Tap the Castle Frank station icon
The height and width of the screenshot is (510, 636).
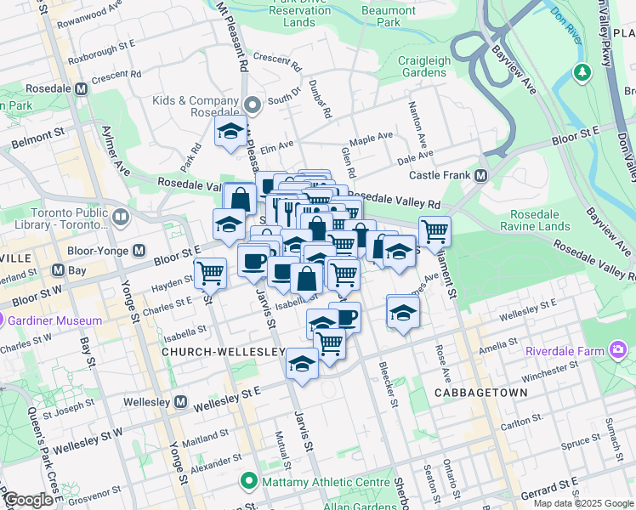pos(480,176)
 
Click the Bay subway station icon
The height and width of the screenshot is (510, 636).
pos(58,270)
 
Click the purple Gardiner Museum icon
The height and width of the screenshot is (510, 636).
pos(14,321)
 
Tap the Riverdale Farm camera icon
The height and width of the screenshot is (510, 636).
pos(617,350)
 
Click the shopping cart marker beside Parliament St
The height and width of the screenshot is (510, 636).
pos(434,230)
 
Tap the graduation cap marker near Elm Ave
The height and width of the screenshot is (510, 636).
pos(230,133)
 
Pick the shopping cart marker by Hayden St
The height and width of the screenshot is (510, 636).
pos(210,274)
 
